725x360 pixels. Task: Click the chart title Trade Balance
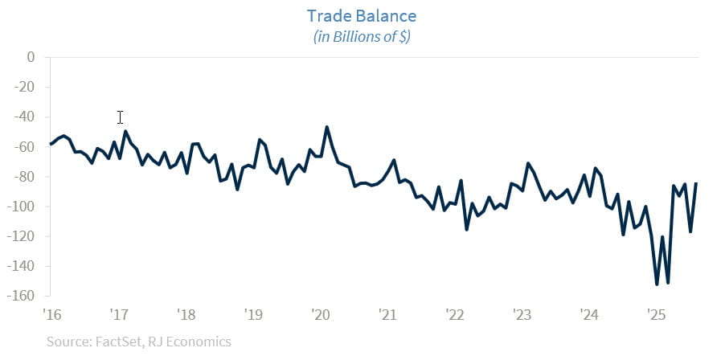(362, 16)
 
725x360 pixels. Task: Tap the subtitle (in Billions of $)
(362, 37)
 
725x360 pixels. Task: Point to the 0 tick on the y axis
(31, 57)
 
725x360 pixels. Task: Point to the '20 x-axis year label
(320, 313)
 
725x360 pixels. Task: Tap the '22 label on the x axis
(454, 313)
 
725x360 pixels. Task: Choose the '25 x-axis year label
(655, 313)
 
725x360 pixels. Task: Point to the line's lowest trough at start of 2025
(657, 284)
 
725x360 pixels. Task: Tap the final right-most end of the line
(697, 183)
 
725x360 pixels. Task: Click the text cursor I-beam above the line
(120, 117)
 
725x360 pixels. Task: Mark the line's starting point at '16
(51, 144)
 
